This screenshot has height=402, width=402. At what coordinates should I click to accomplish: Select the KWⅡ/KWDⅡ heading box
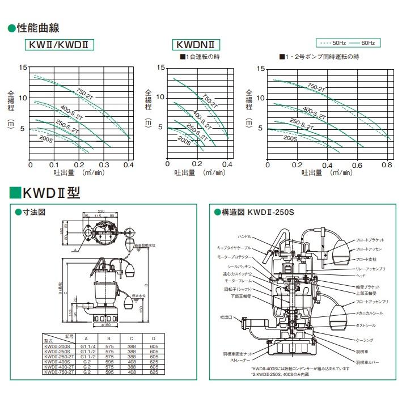(x=60, y=45)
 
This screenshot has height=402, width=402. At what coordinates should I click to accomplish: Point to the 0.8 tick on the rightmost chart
(x=387, y=164)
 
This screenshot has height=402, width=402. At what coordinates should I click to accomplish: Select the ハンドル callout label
(x=244, y=236)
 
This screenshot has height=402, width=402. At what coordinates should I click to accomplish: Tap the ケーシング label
(x=365, y=340)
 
